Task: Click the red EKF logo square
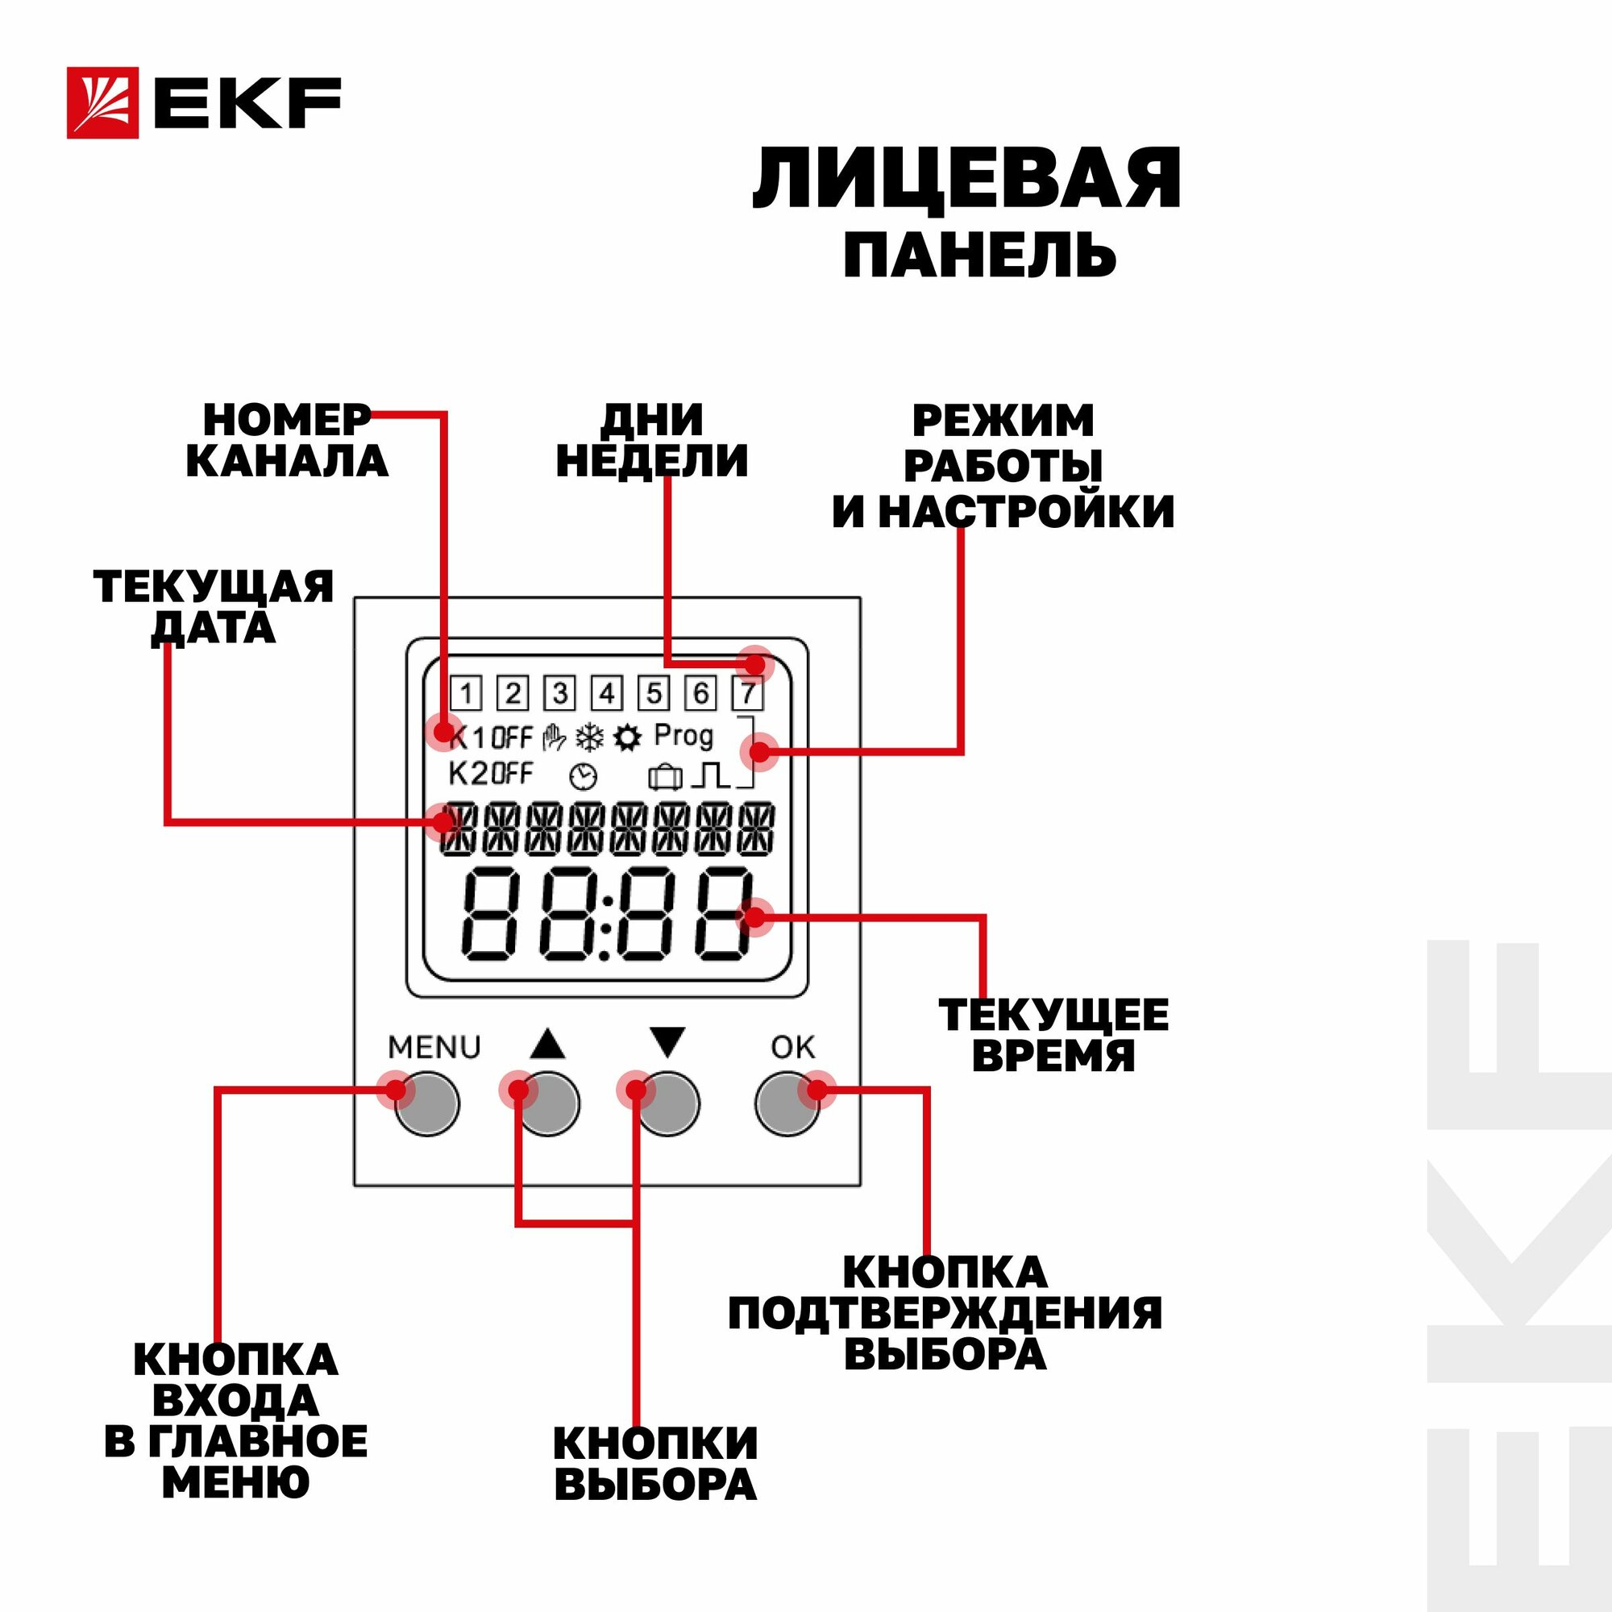[x=102, y=102]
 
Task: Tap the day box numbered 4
[x=607, y=693]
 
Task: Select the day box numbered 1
[x=467, y=693]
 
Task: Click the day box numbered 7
[x=748, y=693]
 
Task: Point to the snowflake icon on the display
[x=590, y=737]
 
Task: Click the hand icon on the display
[x=553, y=737]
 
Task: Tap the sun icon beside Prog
[x=627, y=737]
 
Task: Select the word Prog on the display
[x=683, y=736]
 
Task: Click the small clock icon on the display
[x=584, y=777]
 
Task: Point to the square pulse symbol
[x=710, y=776]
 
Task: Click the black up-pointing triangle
[x=547, y=1044]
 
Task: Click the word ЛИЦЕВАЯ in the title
[x=966, y=179]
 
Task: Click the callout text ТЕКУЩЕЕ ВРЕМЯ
[x=1053, y=1036]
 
